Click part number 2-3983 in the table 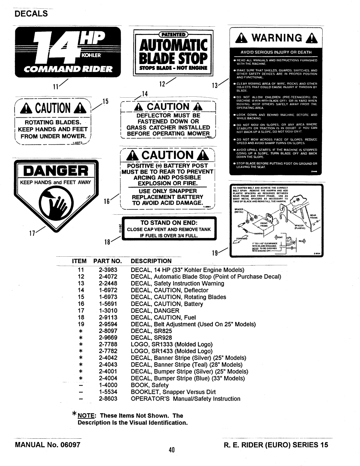tap(108, 270)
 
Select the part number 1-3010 tap(108, 311)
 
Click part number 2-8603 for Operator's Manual tap(108, 399)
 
